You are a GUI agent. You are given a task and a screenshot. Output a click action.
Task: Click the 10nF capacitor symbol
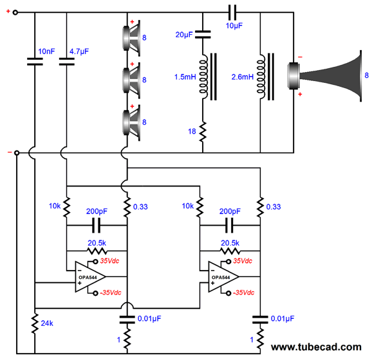pos(34,62)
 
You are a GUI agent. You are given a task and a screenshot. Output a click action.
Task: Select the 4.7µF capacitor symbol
pos(67,62)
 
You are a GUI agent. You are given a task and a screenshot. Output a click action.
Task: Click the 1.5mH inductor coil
pos(203,77)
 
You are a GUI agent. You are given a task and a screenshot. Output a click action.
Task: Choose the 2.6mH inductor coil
pos(262,77)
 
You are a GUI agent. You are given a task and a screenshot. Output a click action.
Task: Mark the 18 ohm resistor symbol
pos(203,132)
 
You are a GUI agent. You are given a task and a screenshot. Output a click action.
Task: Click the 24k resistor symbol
pos(34,323)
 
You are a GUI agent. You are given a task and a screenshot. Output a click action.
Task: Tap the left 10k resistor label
pos(55,206)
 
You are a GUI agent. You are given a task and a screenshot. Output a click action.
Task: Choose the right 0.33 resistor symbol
pos(261,206)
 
